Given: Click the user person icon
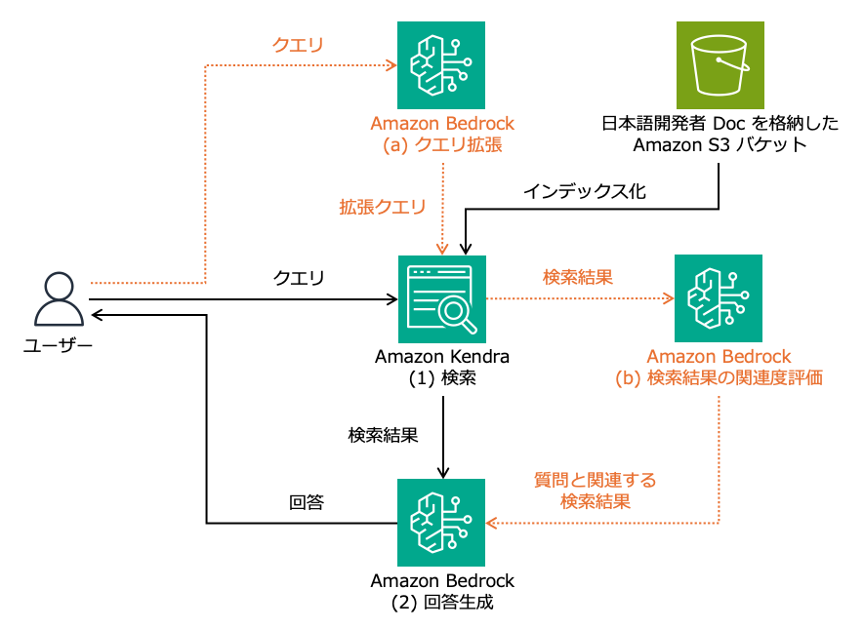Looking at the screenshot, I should (58, 299).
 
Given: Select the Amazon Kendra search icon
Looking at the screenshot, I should (442, 298).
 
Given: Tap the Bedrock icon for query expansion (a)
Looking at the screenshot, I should (442, 65).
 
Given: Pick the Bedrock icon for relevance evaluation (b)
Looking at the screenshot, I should (719, 298).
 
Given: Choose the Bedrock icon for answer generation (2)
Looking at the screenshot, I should (442, 523).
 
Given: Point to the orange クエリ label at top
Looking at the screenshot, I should (298, 45).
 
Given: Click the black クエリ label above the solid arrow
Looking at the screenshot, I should (298, 278).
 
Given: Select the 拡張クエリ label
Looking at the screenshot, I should (383, 207).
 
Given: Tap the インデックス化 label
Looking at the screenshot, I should (584, 191).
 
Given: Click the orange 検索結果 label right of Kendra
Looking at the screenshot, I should (578, 277).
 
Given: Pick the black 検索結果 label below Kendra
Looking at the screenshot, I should (384, 436).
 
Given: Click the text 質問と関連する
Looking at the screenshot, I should (595, 480).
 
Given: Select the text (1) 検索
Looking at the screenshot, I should (442, 378).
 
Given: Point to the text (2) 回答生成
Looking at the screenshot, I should (442, 603).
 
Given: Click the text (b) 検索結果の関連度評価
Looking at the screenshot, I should (719, 378).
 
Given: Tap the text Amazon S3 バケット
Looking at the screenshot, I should (720, 145).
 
